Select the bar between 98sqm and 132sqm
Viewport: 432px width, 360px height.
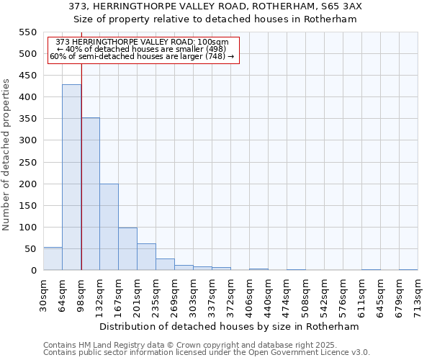click(x=90, y=194)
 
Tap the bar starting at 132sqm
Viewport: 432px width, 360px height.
click(x=109, y=227)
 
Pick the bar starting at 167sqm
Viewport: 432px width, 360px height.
click(x=127, y=248)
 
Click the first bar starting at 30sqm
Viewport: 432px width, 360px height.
click(x=53, y=258)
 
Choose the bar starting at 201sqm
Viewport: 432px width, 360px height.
click(x=146, y=257)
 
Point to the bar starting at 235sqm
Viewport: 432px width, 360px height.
click(x=165, y=264)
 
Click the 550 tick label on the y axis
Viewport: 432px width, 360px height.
click(x=27, y=32)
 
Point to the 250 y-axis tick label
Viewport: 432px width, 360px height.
click(x=27, y=162)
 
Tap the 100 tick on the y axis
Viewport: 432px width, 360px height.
click(x=27, y=228)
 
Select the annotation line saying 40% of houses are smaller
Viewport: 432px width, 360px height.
click(x=142, y=49)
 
